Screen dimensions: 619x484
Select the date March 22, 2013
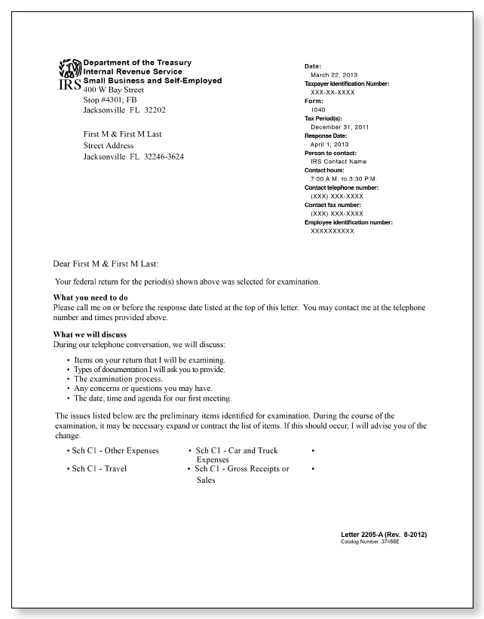(x=332, y=75)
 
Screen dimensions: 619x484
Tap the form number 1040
(x=318, y=109)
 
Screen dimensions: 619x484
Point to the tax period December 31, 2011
(x=339, y=127)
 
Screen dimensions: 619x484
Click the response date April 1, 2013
(x=329, y=144)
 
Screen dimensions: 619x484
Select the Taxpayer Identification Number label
(x=347, y=84)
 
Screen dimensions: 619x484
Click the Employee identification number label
(x=348, y=222)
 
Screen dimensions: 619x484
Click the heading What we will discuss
(x=90, y=334)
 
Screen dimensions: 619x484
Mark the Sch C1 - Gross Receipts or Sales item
(x=241, y=473)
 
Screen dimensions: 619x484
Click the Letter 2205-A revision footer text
(x=384, y=534)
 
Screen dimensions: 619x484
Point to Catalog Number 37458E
(x=370, y=541)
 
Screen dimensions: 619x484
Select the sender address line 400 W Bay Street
(x=113, y=90)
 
